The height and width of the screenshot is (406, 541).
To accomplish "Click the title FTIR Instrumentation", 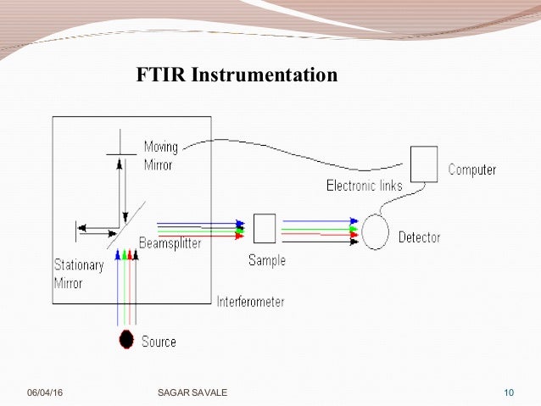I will (237, 75).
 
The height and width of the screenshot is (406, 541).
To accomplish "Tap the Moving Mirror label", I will (160, 155).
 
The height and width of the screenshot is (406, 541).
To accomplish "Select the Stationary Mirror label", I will (78, 274).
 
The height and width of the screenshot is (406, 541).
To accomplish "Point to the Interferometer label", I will (250, 301).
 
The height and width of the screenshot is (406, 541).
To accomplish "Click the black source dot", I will (126, 340).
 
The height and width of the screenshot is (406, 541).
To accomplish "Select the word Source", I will (159, 342).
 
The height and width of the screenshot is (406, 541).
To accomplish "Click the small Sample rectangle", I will (265, 228).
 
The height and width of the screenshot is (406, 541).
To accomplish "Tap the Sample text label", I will (267, 260).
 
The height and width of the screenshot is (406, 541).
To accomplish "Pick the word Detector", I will (419, 237).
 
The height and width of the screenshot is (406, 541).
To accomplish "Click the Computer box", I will (423, 164).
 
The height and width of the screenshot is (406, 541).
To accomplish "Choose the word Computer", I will (472, 170).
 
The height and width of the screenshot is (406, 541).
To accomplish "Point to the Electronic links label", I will (365, 186).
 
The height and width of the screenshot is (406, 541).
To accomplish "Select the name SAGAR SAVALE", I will (192, 392).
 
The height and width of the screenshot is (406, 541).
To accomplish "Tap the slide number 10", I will (509, 392).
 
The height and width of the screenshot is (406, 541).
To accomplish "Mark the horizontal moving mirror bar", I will (120, 153).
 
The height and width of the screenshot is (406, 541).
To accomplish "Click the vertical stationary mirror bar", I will (77, 228).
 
